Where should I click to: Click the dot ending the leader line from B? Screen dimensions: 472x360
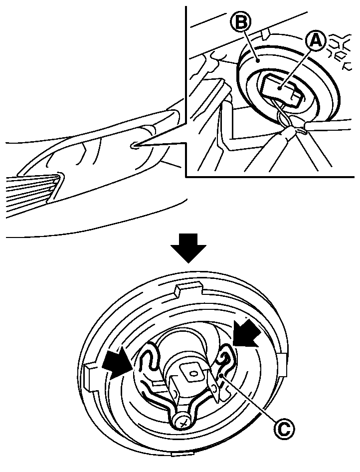tap(257, 60)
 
